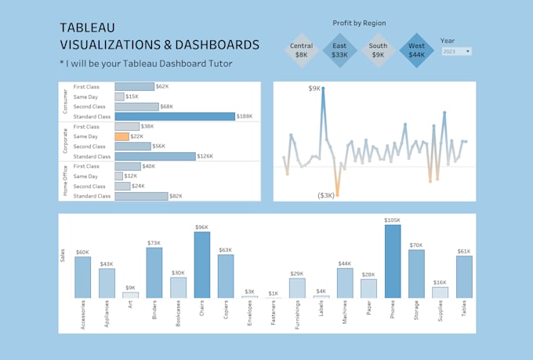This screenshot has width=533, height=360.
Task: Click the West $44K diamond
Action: (x=417, y=51)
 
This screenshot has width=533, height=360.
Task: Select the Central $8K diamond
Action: (x=301, y=51)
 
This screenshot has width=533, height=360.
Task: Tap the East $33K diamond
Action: (x=339, y=51)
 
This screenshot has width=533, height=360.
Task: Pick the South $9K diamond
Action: (x=378, y=51)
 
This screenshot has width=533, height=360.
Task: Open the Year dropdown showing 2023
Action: (x=456, y=52)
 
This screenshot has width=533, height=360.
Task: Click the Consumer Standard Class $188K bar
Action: (x=175, y=116)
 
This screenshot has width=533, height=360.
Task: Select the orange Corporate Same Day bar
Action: (x=121, y=136)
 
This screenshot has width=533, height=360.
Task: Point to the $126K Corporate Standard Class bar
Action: (x=154, y=156)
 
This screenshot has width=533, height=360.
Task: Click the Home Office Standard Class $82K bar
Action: (x=141, y=196)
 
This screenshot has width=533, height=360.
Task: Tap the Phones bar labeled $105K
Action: (x=393, y=261)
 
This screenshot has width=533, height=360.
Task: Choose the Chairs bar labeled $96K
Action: (x=202, y=265)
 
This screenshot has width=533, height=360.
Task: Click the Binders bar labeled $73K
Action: (x=154, y=273)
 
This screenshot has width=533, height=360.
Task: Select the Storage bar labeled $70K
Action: (x=416, y=274)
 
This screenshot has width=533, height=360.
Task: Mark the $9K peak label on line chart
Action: (x=314, y=89)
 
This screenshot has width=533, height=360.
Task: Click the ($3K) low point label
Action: (x=326, y=195)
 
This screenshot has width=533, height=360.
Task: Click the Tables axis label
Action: (x=465, y=307)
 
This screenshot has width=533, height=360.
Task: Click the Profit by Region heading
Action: (x=359, y=24)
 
